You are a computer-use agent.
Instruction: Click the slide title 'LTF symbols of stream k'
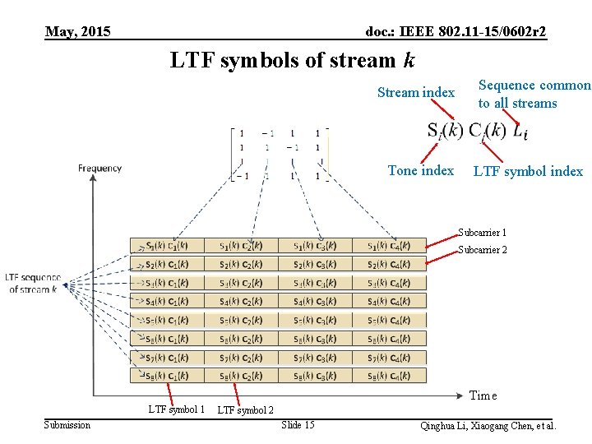[293, 60]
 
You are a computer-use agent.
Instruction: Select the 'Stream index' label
[415, 92]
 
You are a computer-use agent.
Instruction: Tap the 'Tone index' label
[420, 170]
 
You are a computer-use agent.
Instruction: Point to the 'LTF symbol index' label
[527, 171]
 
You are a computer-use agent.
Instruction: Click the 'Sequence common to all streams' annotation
[534, 94]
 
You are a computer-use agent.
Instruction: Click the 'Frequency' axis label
[99, 169]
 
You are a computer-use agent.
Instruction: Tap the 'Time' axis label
[483, 395]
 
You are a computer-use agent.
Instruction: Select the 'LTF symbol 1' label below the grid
[176, 409]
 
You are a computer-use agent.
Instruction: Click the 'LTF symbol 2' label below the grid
[245, 410]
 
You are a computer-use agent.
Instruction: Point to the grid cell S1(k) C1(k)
[167, 245]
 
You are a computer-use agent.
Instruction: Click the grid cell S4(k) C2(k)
[241, 301]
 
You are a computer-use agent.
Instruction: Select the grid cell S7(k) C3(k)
[316, 358]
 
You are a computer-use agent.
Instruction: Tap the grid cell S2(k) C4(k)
[390, 264]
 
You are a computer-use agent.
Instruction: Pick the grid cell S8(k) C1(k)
[167, 376]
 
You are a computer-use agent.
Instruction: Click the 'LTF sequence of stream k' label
[33, 283]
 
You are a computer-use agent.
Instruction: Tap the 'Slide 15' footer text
[298, 425]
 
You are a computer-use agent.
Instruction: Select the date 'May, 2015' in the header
[78, 32]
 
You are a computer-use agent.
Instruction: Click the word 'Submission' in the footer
[67, 425]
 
